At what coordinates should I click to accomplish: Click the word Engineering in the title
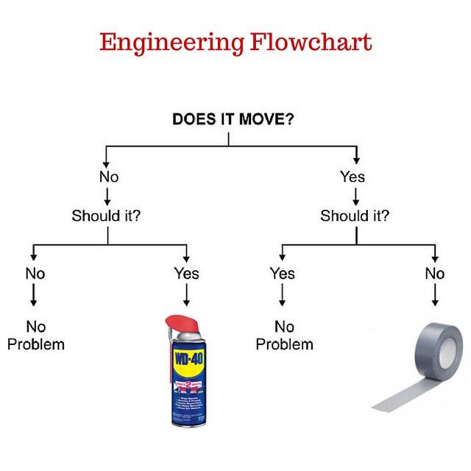(170, 43)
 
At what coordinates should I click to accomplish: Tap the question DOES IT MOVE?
(233, 119)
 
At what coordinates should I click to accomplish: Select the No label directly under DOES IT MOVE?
(108, 177)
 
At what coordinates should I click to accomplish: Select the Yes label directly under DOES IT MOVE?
(353, 177)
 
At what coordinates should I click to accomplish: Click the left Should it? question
(107, 216)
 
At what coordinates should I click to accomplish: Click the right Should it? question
(355, 216)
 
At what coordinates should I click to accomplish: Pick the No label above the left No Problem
(35, 274)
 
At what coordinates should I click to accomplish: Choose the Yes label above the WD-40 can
(186, 274)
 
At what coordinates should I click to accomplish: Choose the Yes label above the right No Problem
(282, 274)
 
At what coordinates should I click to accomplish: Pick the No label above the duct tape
(435, 274)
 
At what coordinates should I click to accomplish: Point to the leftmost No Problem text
(36, 335)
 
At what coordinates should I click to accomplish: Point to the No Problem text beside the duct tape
(284, 335)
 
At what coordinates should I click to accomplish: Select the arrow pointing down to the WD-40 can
(186, 296)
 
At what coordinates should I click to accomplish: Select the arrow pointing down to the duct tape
(435, 296)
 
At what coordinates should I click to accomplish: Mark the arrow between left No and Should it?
(108, 196)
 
